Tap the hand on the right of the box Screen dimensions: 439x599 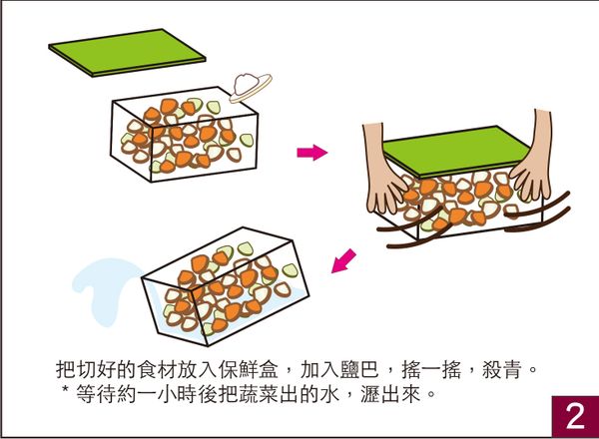(x=526, y=165)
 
